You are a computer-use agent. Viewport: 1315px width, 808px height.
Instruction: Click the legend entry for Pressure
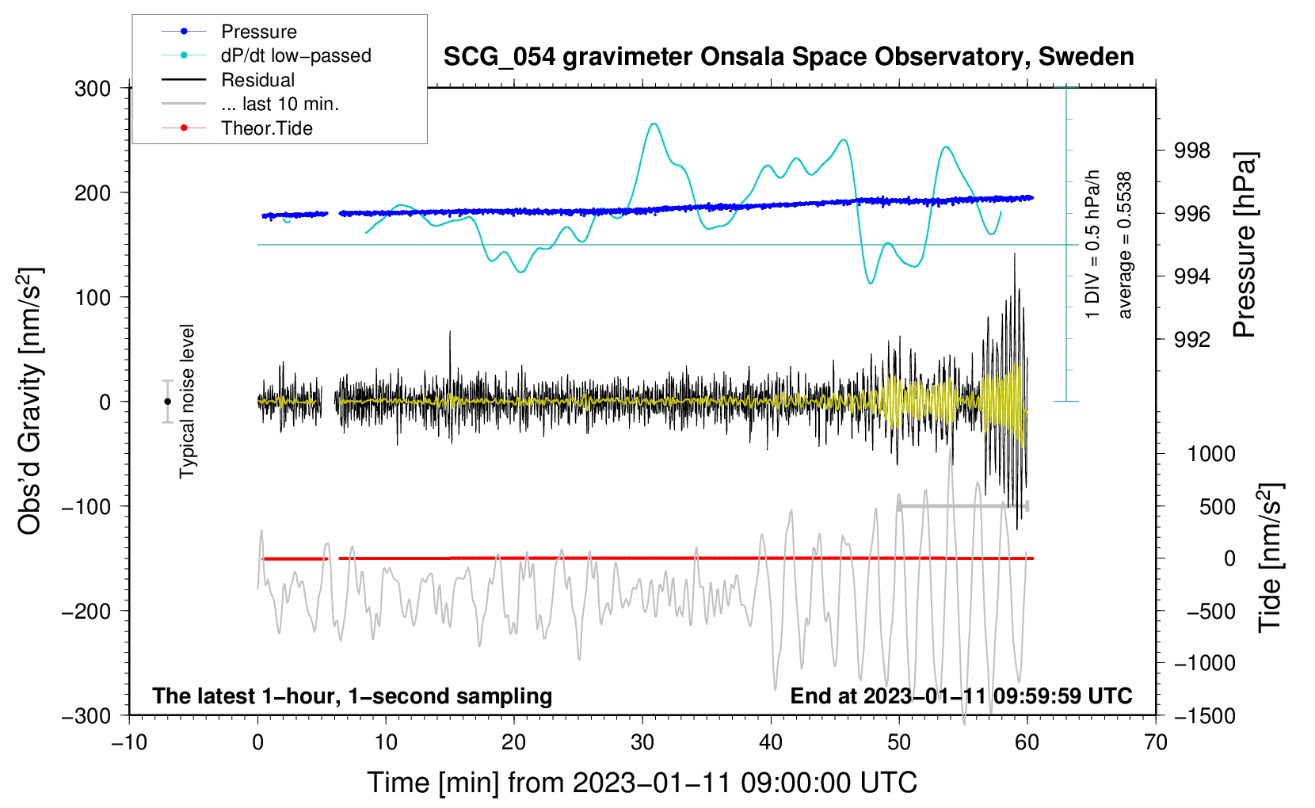click(x=258, y=32)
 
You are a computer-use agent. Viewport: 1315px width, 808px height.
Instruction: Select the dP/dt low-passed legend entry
click(x=295, y=55)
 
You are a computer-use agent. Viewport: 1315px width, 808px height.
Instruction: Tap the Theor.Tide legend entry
click(x=266, y=128)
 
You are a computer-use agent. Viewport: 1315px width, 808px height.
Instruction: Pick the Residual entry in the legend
click(x=257, y=80)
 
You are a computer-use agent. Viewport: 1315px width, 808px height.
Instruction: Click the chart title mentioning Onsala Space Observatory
click(x=788, y=57)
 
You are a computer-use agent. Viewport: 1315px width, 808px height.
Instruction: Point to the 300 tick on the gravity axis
click(x=93, y=89)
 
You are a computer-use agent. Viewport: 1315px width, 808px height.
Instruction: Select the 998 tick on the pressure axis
click(x=1192, y=151)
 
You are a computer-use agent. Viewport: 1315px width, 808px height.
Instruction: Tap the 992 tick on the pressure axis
click(x=1192, y=340)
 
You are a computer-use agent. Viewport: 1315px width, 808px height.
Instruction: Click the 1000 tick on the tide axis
click(x=1211, y=454)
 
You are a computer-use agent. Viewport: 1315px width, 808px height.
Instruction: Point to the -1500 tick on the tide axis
click(x=1205, y=716)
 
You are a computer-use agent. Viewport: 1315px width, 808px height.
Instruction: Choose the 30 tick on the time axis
click(x=642, y=742)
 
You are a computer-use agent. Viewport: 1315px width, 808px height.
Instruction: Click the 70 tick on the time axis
click(x=1156, y=742)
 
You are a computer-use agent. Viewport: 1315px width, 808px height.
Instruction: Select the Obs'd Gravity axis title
click(x=30, y=402)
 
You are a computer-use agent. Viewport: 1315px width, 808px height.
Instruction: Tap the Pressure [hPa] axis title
click(x=1244, y=246)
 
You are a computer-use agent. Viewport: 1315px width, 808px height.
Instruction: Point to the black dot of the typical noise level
click(x=167, y=402)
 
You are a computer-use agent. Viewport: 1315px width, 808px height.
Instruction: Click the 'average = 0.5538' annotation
click(x=1125, y=246)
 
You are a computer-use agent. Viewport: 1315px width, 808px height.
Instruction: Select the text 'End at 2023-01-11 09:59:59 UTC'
click(x=961, y=696)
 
